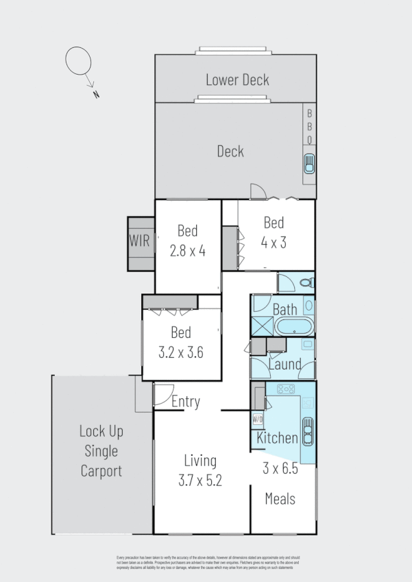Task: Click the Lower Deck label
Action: tap(237, 80)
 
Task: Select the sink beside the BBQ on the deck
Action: tap(309, 165)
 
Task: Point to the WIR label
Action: tap(140, 241)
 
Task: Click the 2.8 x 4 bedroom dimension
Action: tap(188, 250)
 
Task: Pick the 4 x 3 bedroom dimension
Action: tap(273, 242)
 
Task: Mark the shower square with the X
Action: tap(261, 326)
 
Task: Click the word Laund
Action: tap(284, 364)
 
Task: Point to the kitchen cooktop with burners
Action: tap(284, 389)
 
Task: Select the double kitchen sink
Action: tap(308, 431)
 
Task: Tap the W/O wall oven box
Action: tap(258, 419)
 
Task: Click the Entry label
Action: tap(185, 402)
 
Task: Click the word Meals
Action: tap(280, 498)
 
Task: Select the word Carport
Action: tap(101, 471)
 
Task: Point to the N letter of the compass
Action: tap(96, 95)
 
